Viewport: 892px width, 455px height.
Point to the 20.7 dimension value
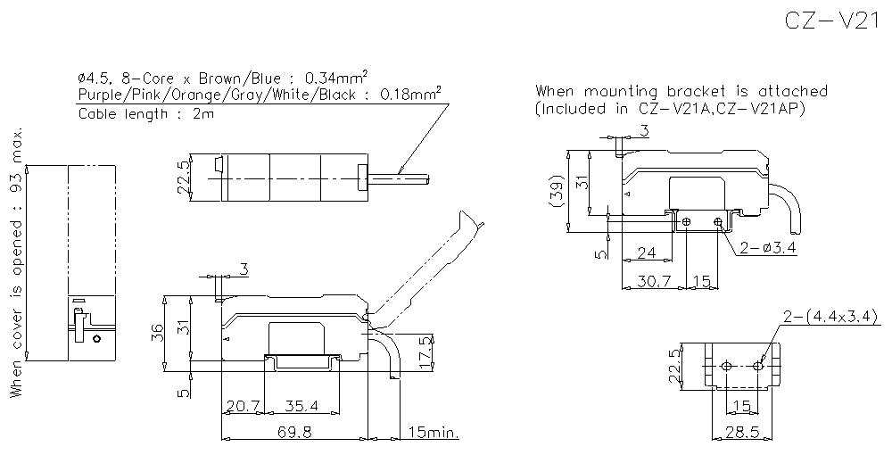242,406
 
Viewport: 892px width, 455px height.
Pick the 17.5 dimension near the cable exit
425,347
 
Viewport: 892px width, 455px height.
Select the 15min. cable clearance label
433,433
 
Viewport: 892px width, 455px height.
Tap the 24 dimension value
648,253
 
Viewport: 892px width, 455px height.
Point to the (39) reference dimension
556,191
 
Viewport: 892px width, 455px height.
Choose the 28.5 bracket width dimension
743,433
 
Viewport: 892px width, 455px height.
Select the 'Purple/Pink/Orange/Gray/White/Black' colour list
218,95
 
